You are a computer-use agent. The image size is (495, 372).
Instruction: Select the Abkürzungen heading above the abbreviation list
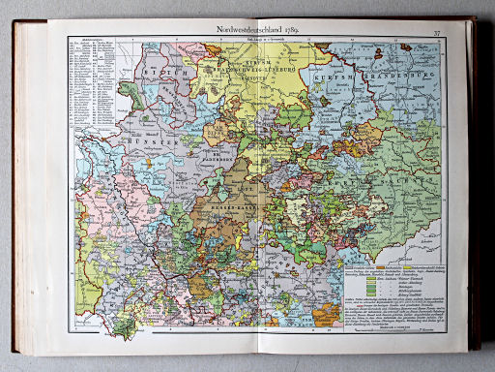click(85, 43)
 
